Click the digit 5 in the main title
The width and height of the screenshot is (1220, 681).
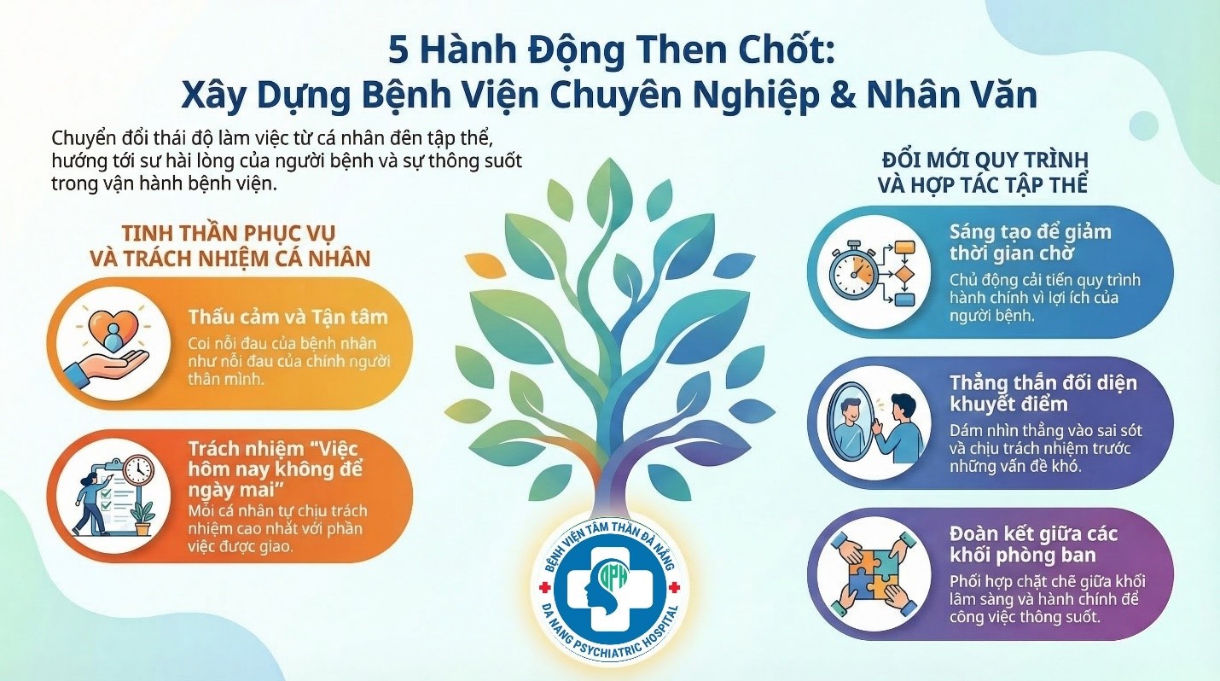398,51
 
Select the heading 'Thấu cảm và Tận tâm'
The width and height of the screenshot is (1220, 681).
288,317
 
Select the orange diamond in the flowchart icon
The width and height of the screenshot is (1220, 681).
905,272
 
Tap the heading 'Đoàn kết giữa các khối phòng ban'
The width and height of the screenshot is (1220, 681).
1033,544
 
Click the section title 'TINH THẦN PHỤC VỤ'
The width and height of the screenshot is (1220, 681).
228,233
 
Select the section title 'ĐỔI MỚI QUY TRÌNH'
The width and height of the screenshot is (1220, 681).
985,160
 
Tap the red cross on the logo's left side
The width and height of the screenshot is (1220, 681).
543,588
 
